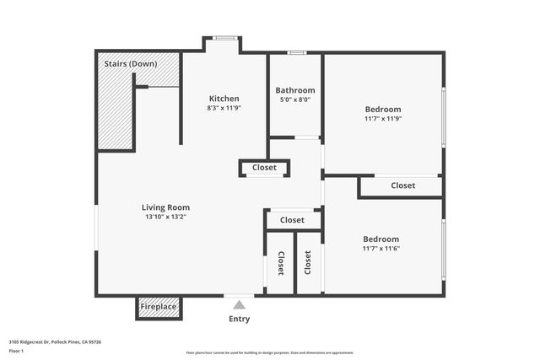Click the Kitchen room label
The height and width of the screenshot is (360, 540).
(x=224, y=99)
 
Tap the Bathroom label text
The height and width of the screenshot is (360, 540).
(x=295, y=90)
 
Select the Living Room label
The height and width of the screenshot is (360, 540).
(x=165, y=207)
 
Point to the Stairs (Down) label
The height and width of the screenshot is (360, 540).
(x=129, y=63)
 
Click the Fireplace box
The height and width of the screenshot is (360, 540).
(x=159, y=307)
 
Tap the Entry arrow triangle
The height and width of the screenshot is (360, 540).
(x=240, y=305)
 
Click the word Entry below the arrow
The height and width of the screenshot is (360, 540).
(x=240, y=320)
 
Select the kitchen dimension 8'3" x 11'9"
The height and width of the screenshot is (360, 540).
(x=224, y=108)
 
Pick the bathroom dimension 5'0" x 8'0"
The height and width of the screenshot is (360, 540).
(x=295, y=99)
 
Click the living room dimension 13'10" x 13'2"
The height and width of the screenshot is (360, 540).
(x=165, y=217)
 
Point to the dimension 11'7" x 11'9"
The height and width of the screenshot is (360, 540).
(x=382, y=119)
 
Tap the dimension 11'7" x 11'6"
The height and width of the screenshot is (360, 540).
(x=381, y=249)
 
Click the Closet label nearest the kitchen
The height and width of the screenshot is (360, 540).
(x=264, y=168)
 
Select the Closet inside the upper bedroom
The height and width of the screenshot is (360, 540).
(x=402, y=185)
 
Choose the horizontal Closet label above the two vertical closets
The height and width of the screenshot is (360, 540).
(x=292, y=220)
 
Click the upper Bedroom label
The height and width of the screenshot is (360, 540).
(x=382, y=110)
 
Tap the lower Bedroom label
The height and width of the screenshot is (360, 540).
(x=381, y=239)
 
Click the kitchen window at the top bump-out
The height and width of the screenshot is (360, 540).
(x=224, y=37)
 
